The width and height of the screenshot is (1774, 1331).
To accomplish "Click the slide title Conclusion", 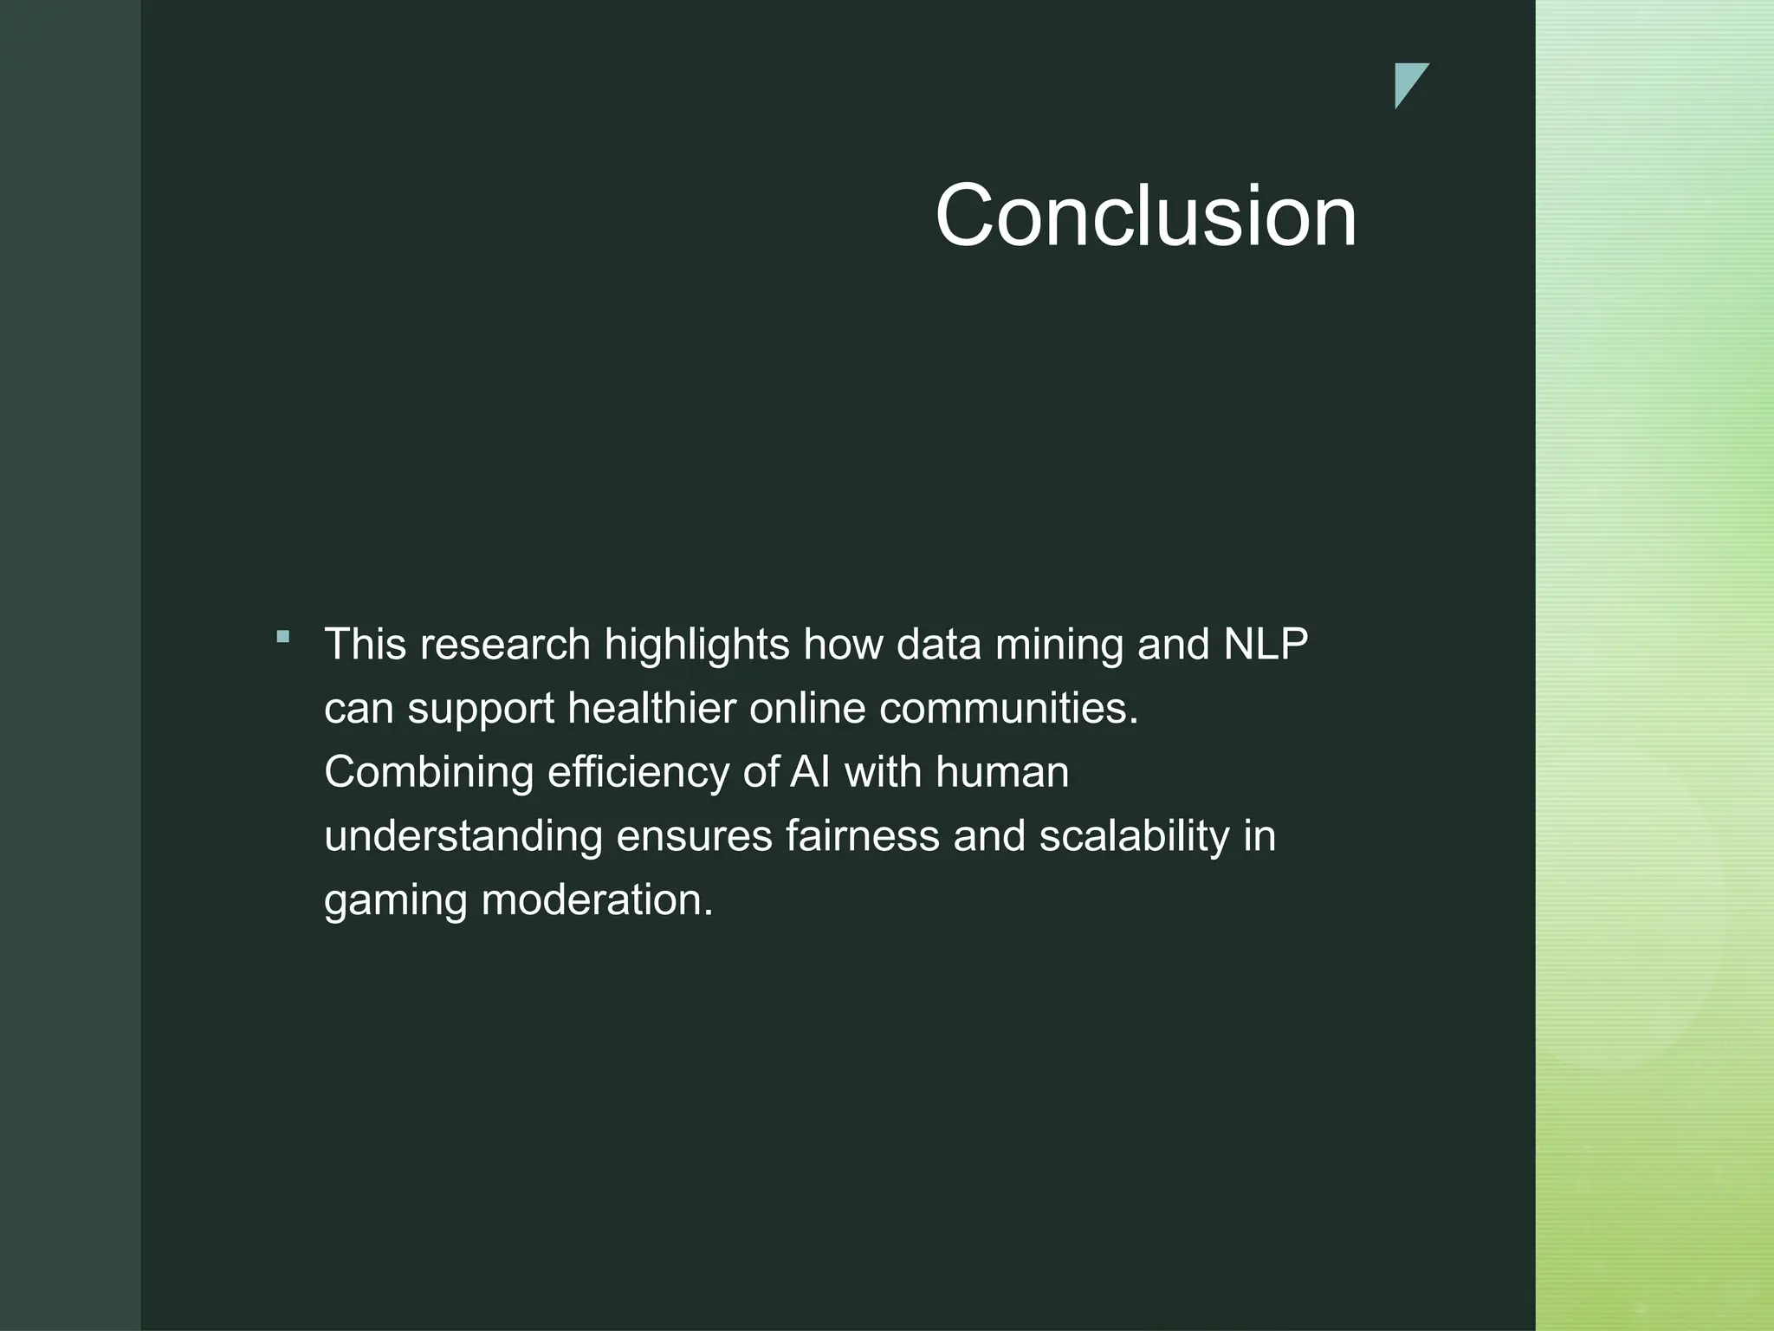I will point(1145,216).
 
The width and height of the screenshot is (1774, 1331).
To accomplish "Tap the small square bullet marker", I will point(282,637).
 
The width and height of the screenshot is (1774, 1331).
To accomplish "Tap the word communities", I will point(1008,709).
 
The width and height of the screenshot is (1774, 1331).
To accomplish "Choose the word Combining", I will point(429,773).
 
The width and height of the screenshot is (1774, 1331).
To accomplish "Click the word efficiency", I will point(638,773).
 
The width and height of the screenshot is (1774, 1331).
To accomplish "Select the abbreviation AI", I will point(810,772).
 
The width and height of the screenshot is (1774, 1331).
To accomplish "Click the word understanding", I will point(463,837).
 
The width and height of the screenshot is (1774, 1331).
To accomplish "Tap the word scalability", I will point(1134,837).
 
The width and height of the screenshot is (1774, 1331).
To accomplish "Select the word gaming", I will point(395,901).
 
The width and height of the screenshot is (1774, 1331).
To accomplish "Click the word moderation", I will point(597,900).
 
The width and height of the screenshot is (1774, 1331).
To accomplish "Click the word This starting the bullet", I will point(365,645).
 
